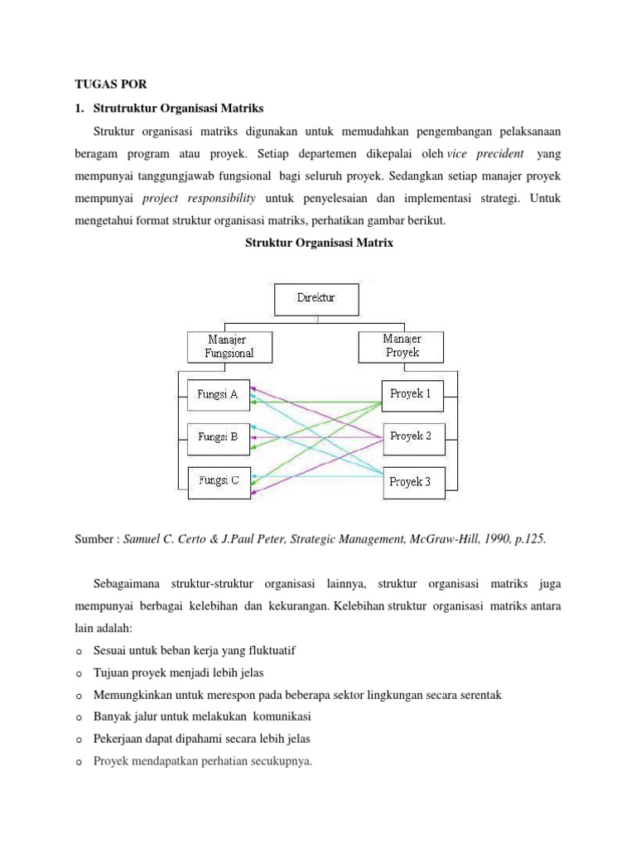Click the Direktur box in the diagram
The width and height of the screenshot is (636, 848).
click(316, 299)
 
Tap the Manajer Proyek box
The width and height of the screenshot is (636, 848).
click(402, 346)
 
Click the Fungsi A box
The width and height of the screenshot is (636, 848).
click(218, 395)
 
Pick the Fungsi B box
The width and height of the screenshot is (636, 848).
click(218, 437)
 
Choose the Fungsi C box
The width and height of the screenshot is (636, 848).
click(218, 481)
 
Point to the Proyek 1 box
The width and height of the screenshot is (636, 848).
click(412, 394)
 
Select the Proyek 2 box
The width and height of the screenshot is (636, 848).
click(412, 436)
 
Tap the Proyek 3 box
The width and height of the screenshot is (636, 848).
click(412, 482)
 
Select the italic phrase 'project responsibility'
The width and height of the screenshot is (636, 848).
click(199, 199)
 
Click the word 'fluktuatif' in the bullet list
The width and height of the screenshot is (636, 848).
click(270, 651)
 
